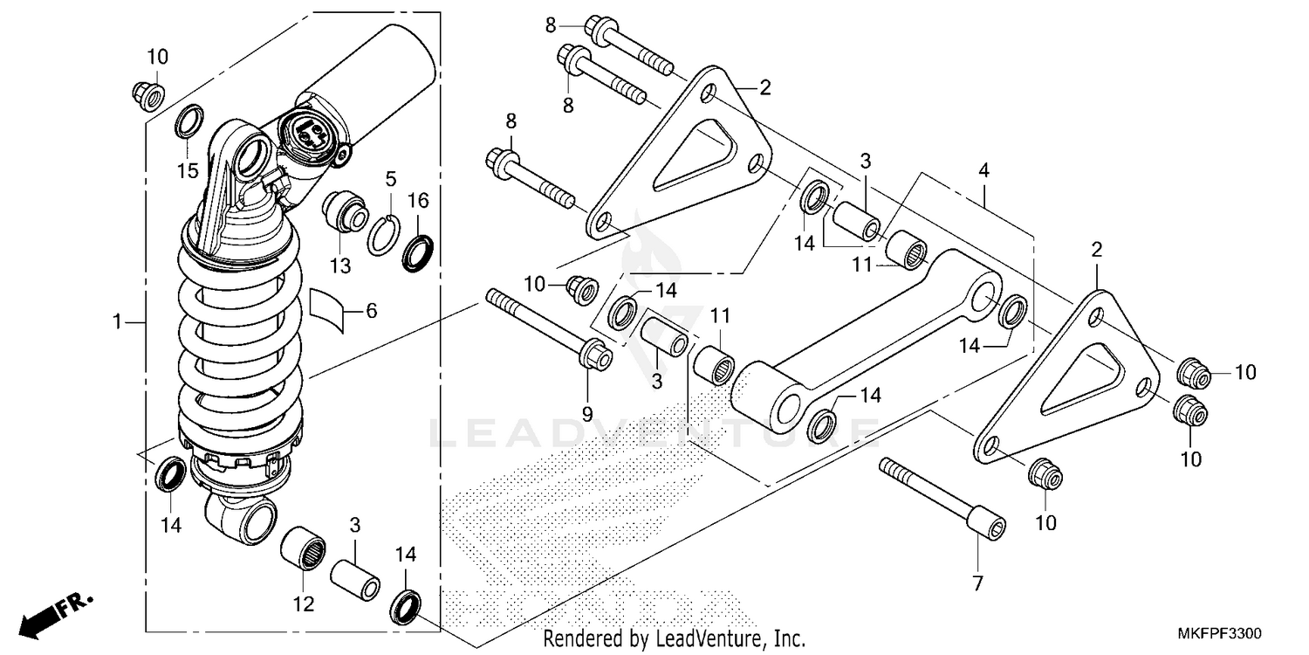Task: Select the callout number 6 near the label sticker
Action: tap(371, 310)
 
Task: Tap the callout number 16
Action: tap(418, 201)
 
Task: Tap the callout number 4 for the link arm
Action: tap(983, 172)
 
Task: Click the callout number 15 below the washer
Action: tap(188, 170)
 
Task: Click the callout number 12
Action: tap(303, 603)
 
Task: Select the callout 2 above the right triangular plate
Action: tap(1096, 249)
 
